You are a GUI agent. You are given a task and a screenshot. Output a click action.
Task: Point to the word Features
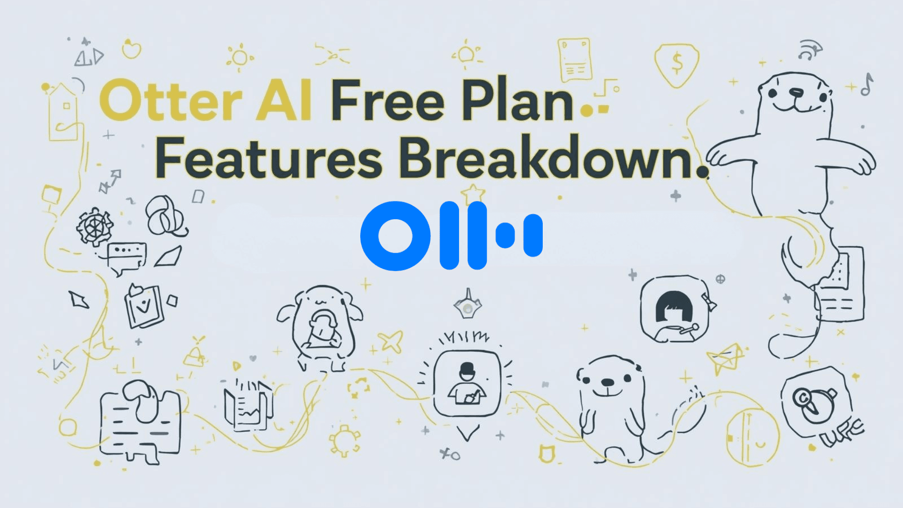269,158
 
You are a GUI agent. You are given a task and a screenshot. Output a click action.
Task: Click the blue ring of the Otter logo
395,236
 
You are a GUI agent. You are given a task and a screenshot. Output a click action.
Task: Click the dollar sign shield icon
677,65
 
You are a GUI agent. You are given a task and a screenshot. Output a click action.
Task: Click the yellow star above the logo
473,193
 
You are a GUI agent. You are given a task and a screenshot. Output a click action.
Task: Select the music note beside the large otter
866,85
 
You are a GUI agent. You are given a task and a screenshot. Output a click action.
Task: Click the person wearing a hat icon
467,383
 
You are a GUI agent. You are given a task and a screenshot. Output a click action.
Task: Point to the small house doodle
63,113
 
